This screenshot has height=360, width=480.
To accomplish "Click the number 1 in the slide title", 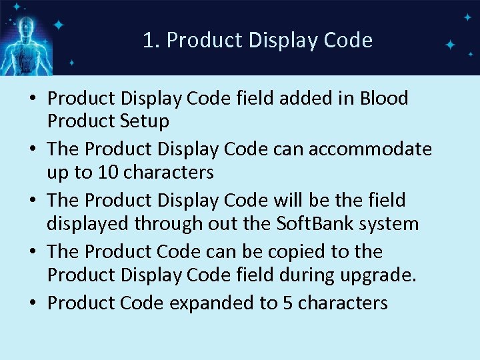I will click(x=148, y=41).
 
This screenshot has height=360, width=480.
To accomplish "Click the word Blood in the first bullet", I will click(x=383, y=99).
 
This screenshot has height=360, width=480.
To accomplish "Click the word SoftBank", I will click(x=309, y=223).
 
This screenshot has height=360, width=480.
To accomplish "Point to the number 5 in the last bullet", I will click(x=288, y=303).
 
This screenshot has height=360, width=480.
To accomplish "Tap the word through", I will click(x=169, y=223).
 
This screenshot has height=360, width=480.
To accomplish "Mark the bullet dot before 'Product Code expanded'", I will click(x=32, y=303).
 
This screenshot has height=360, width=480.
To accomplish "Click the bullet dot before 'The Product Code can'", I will click(x=32, y=252).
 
